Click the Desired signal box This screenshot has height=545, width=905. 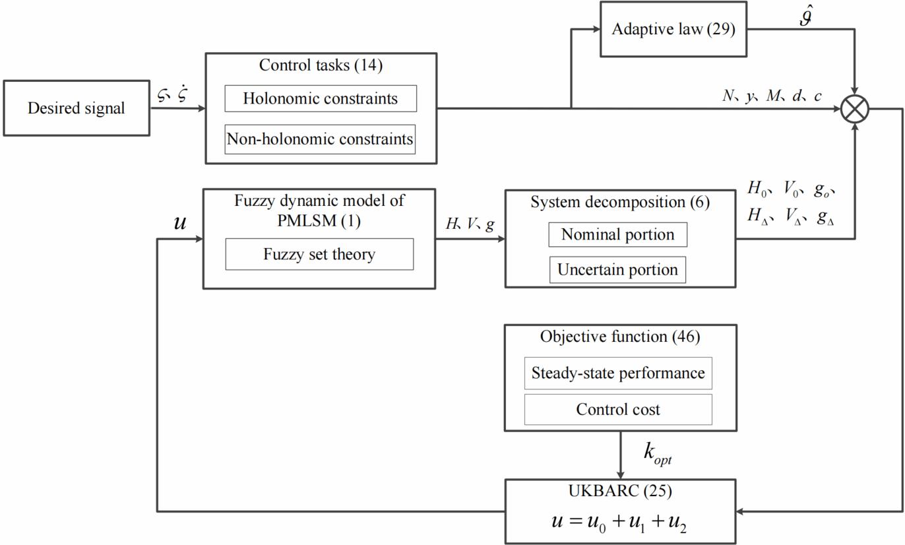76,108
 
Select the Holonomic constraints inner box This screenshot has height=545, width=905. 321,99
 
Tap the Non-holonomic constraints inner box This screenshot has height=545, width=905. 321,139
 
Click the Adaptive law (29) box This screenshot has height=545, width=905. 673,30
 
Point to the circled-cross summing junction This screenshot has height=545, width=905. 856,108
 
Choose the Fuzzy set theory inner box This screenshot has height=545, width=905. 319,254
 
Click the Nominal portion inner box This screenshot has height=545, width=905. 617,235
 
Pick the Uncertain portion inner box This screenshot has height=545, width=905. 617,270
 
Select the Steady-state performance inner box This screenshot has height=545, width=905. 618,373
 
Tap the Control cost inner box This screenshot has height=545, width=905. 618,410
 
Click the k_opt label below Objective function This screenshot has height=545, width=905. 657,453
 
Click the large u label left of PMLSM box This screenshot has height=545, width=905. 179,222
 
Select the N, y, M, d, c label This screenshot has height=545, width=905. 772,96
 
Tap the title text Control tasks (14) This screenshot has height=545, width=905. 321,65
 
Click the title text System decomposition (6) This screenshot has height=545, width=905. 620,203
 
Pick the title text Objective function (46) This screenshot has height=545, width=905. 620,337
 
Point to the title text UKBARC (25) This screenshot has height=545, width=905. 620,492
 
